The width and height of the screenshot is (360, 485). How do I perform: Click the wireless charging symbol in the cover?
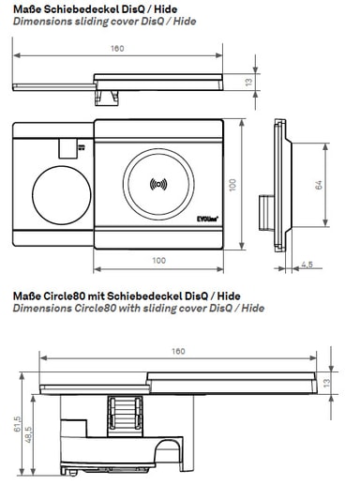click(x=158, y=184)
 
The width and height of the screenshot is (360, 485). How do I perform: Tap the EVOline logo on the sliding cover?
click(x=207, y=219)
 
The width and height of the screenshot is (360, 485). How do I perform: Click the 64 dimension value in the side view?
click(x=318, y=185)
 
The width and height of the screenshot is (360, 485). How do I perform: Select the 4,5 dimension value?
click(x=307, y=265)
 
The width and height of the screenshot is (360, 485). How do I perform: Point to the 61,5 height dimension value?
click(x=17, y=424)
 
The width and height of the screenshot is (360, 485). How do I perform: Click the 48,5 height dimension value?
click(x=28, y=435)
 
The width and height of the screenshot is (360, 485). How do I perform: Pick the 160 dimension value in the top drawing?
click(x=117, y=49)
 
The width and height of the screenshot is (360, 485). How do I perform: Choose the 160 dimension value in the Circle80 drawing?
click(x=178, y=351)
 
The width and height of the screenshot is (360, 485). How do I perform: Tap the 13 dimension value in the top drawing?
click(x=248, y=83)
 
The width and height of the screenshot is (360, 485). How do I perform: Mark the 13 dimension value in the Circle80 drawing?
click(x=325, y=383)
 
